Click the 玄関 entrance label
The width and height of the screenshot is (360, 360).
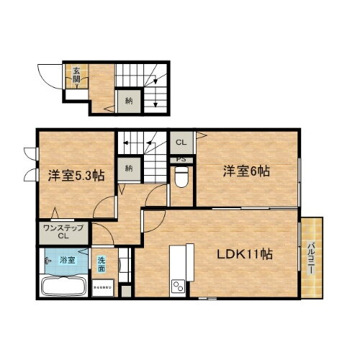[x=75, y=74]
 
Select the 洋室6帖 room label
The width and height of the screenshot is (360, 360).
[x=246, y=171]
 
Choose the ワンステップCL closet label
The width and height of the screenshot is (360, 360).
[x=63, y=232]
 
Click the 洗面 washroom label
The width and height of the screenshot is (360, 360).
[x=103, y=264]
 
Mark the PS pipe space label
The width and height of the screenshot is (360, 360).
[x=181, y=159]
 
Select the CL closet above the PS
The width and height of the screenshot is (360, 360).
[x=181, y=142]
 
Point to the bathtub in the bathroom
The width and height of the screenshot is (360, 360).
[x=64, y=286]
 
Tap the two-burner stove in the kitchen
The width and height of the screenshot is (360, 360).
[x=176, y=289]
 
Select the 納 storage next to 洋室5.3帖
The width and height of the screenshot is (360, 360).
[x=129, y=168]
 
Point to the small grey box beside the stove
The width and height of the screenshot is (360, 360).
[x=127, y=292]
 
